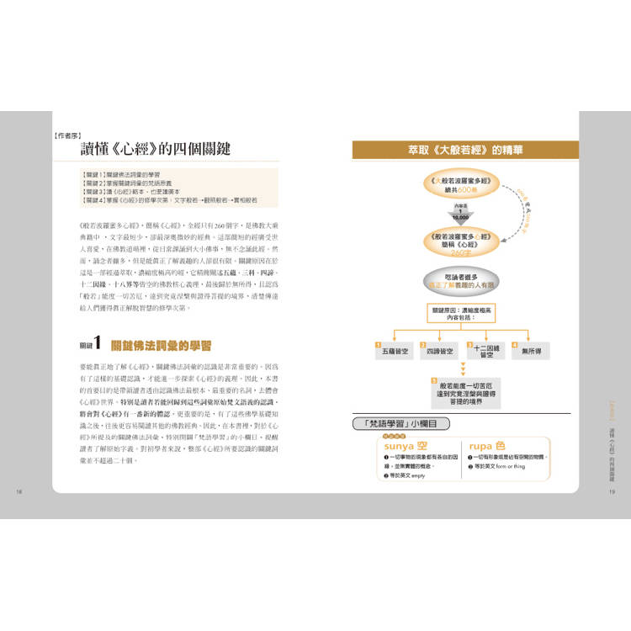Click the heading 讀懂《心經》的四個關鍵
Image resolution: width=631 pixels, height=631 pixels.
[x=155, y=148]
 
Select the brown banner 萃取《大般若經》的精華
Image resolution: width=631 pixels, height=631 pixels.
[x=465, y=150]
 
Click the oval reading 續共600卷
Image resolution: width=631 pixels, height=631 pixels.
[x=460, y=184]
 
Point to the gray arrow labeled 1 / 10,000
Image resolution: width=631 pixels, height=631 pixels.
[x=460, y=213]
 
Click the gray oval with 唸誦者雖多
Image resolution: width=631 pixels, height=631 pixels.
[x=460, y=281]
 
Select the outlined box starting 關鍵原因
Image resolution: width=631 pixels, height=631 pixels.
[x=460, y=315]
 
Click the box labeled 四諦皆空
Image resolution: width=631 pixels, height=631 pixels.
[x=439, y=350]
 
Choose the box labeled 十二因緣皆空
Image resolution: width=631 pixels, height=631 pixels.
[x=486, y=352]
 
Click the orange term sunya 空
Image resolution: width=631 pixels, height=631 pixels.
[x=406, y=446]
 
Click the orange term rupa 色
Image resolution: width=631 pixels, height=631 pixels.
[x=488, y=446]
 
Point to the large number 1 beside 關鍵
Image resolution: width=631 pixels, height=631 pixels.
[x=98, y=343]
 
